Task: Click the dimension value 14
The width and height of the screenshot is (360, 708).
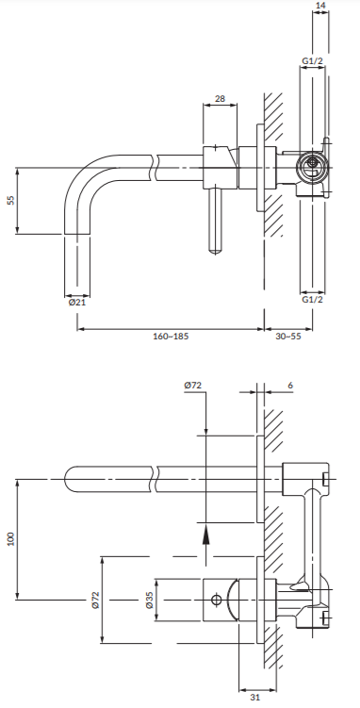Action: pyautogui.click(x=320, y=5)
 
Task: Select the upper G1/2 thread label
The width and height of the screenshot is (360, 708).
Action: pyautogui.click(x=313, y=61)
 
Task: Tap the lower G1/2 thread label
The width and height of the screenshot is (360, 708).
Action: pyautogui.click(x=313, y=300)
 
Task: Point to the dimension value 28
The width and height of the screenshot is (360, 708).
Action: pyautogui.click(x=221, y=98)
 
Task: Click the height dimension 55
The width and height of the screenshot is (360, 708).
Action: pyautogui.click(x=10, y=201)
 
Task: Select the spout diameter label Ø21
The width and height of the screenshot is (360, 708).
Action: pyautogui.click(x=77, y=302)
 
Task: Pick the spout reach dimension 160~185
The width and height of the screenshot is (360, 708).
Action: pyautogui.click(x=171, y=337)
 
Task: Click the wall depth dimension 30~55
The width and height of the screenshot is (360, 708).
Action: pyautogui.click(x=288, y=337)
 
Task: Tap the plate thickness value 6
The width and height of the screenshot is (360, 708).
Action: pyautogui.click(x=290, y=386)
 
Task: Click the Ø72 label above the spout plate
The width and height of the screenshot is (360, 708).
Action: pyautogui.click(x=192, y=386)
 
